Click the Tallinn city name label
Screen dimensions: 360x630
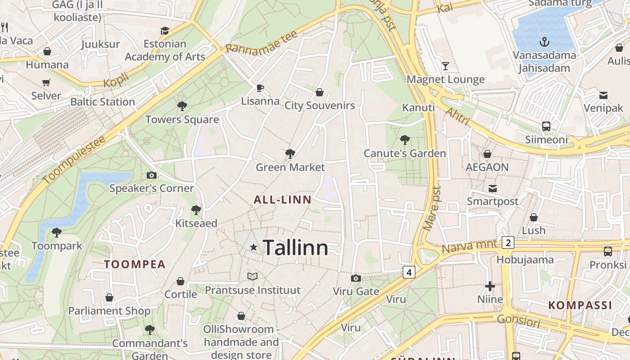coord(295,248)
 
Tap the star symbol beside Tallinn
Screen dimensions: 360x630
coord(254,247)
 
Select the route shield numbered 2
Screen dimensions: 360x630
coord(508,243)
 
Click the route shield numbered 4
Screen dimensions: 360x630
coord(409,272)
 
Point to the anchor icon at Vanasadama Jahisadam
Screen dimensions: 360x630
coord(545,42)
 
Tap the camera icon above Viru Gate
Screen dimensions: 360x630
coord(356,278)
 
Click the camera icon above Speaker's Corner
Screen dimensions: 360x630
coord(152,175)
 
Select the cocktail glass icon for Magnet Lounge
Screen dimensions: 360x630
coord(445,66)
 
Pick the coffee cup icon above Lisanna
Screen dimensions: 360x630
coord(260,87)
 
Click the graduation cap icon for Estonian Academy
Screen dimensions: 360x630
coord(165,31)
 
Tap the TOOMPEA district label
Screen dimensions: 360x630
coord(135,264)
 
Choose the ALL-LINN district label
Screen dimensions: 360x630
coord(283,200)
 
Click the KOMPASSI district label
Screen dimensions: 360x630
coord(580,306)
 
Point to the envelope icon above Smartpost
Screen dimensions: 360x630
coord(493,188)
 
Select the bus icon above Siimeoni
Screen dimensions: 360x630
coord(546,126)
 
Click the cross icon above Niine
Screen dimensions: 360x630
coord(490,286)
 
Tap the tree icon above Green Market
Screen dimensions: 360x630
coord(290,154)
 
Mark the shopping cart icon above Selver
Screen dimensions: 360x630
coord(46,82)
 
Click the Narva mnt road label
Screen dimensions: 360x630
coord(471,246)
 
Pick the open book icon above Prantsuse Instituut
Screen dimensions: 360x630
coord(252,276)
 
